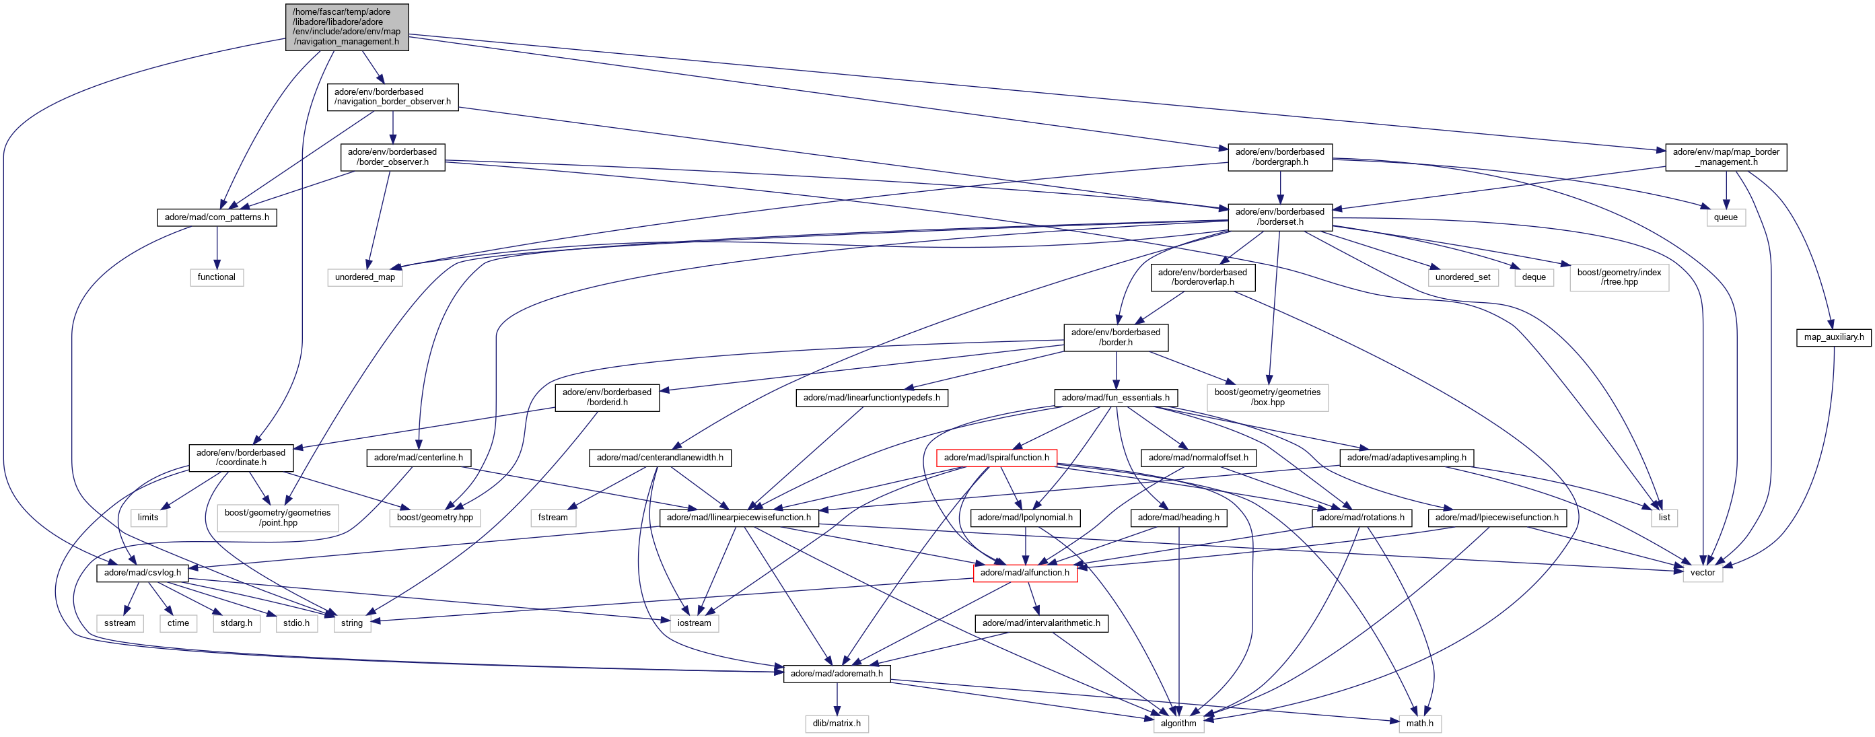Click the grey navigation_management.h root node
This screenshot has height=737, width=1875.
[x=347, y=27]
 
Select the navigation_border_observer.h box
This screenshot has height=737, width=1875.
[x=392, y=97]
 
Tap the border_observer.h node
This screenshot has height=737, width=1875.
[x=392, y=157]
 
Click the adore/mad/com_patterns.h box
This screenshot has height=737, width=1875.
[x=216, y=217]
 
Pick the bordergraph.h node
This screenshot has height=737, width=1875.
[x=1279, y=157]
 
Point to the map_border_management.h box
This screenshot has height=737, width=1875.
[x=1725, y=157]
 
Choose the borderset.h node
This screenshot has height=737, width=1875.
[x=1279, y=217]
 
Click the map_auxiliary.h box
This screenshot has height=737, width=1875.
[x=1833, y=337]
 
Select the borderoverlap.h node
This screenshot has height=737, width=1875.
[x=1203, y=277]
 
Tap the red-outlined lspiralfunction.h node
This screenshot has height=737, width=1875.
[x=996, y=458]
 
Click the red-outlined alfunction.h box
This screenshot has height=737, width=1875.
[x=1025, y=572]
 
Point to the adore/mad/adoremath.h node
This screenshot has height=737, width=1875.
[x=837, y=674]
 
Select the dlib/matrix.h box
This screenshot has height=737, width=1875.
[x=837, y=723]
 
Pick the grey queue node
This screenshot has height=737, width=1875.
[x=1725, y=217]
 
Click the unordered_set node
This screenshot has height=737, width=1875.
[x=1462, y=277]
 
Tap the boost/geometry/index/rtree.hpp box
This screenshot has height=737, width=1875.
[x=1619, y=277]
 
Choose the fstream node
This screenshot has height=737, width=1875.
[x=553, y=517]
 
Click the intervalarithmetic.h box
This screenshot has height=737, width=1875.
[x=1041, y=623]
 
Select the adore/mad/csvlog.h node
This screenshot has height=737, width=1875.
[x=142, y=572]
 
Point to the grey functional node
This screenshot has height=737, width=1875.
[x=216, y=277]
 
